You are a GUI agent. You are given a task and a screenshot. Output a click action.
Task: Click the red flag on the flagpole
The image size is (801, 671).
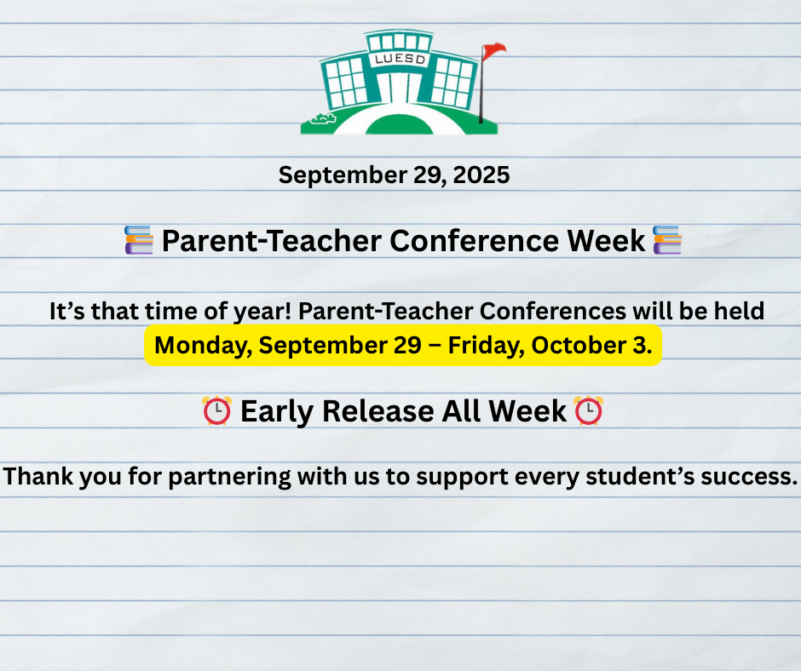[x=493, y=51]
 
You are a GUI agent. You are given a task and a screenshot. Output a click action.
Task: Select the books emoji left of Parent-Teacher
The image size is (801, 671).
[x=139, y=241]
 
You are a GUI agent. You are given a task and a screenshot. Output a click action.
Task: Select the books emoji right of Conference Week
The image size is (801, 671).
[x=666, y=241]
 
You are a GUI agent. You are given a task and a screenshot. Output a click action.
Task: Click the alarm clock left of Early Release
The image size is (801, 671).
[x=216, y=411]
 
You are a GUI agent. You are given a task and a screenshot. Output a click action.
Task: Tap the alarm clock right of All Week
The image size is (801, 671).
[x=589, y=411]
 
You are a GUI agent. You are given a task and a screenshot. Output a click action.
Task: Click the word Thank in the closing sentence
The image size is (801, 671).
[x=37, y=477]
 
